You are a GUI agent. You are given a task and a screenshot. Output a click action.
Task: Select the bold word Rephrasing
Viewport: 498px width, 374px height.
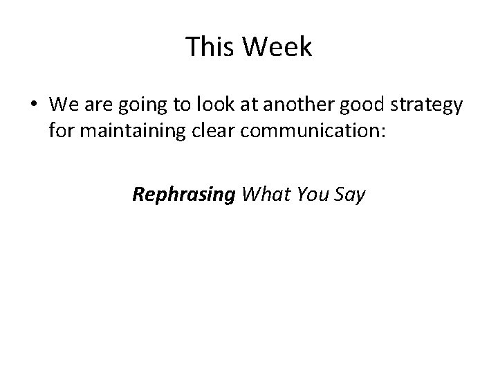184,195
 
